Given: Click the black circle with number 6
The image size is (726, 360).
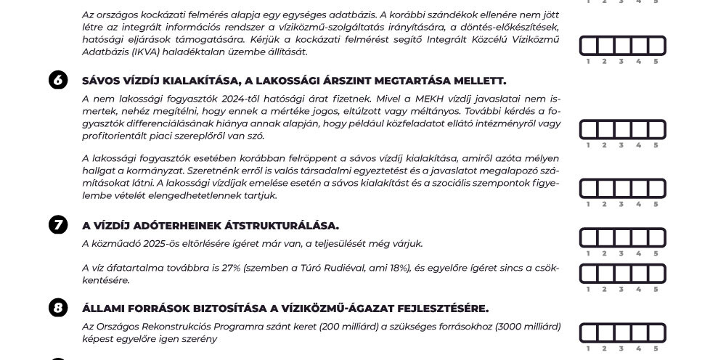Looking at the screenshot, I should pyautogui.click(x=58, y=81).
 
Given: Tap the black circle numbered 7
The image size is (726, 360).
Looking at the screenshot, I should pyautogui.click(x=58, y=225).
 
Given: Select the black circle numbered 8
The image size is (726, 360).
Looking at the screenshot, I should pyautogui.click(x=58, y=308).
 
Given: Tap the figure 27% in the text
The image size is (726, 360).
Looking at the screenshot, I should pyautogui.click(x=231, y=268).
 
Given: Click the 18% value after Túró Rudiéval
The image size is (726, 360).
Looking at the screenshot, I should pyautogui.click(x=398, y=268).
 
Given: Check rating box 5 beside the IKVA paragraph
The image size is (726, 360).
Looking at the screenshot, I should pyautogui.click(x=656, y=46).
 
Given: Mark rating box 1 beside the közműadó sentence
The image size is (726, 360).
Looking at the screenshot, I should pyautogui.click(x=588, y=238).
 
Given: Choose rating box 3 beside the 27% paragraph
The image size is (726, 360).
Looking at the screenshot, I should pyautogui.click(x=622, y=274).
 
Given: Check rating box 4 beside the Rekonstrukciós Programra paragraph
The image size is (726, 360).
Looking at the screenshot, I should pyautogui.click(x=640, y=333).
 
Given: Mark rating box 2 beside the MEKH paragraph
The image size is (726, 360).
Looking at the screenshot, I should pyautogui.click(x=605, y=130).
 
